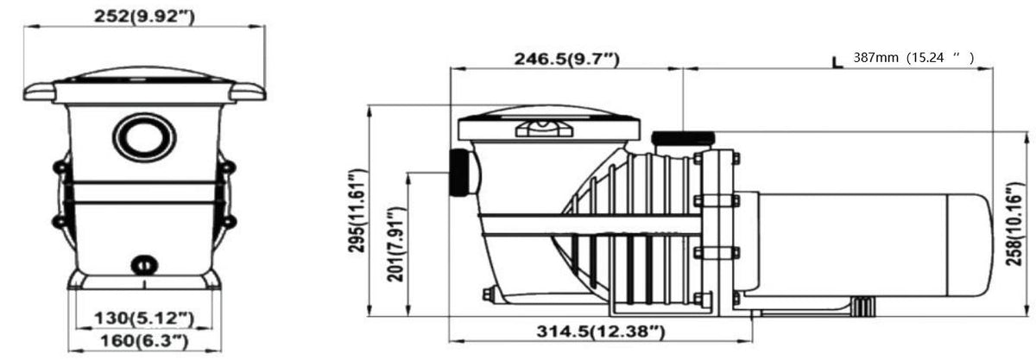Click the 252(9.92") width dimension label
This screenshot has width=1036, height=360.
pos(144,16)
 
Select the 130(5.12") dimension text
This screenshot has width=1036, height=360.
pos(144,319)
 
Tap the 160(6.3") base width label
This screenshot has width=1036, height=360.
pos(144,342)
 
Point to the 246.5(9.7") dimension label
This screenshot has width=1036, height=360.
pos(566,59)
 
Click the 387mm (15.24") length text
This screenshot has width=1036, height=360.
pos(913,57)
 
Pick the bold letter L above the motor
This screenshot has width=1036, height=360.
pos(837,62)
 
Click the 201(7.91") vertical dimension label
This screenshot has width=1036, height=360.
pos(396,244)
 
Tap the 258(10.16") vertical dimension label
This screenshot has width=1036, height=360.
pos(1014,224)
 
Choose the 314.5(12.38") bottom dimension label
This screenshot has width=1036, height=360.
pos(601,332)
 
